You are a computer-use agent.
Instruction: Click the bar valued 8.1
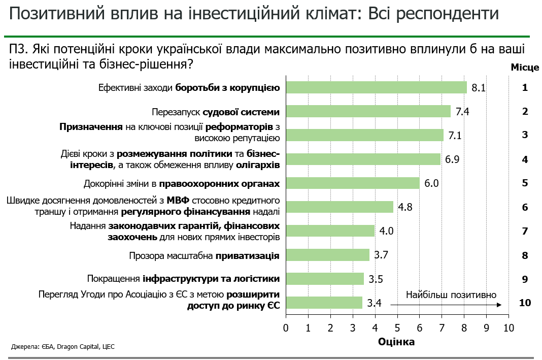coord(376,87)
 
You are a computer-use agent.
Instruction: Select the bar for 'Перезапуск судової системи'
coord(368,111)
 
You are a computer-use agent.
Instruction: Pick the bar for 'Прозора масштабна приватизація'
coord(327,255)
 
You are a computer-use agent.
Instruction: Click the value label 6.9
coord(452,159)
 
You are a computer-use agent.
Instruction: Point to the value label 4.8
coord(405,207)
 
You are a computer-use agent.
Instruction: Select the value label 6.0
coord(431,183)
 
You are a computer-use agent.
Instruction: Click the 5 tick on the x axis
coord(397,328)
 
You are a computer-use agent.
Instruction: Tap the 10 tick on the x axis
coord(508,328)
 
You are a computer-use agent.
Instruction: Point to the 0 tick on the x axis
coord(286,328)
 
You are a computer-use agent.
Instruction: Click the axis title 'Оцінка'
coord(396,342)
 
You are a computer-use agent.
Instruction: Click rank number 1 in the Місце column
coord(525,87)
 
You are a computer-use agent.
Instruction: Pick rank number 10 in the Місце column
coord(525,303)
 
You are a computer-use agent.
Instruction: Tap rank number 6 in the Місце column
coord(525,207)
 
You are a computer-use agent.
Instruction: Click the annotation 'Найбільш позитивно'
coord(451,294)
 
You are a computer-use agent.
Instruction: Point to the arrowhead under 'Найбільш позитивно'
coord(499,304)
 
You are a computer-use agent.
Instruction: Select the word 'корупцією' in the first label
coord(256,88)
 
